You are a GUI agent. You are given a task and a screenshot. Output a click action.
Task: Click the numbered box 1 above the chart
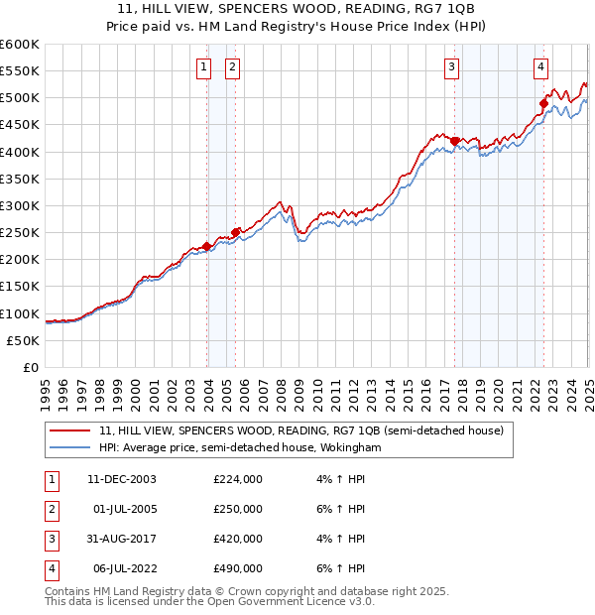tap(203, 67)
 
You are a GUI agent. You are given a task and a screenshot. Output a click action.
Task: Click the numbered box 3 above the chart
tap(451, 67)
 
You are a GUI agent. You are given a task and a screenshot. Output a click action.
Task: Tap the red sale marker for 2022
tap(544, 103)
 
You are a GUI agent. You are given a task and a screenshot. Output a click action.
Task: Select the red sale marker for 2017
tap(455, 141)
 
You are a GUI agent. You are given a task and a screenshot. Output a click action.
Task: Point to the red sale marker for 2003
tap(206, 246)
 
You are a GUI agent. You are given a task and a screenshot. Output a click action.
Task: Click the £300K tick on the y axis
tap(20, 205)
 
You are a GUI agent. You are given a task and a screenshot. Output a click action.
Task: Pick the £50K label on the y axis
tap(24, 340)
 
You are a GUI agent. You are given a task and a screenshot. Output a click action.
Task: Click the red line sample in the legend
tap(69, 431)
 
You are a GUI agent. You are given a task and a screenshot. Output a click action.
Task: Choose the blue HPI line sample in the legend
tap(69, 448)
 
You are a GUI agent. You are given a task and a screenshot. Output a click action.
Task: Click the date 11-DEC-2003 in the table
tap(122, 479)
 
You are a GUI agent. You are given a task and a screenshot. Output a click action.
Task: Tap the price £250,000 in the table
tap(238, 509)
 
